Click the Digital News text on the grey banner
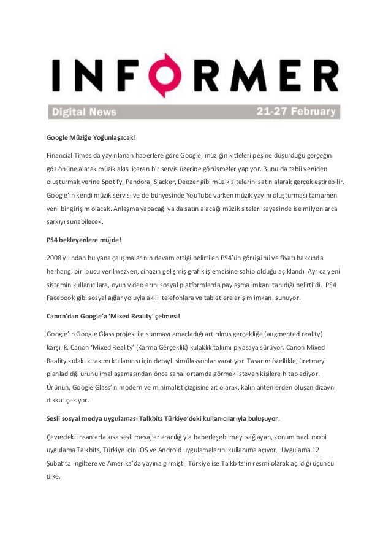click(81, 112)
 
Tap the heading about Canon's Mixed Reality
click(113, 317)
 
